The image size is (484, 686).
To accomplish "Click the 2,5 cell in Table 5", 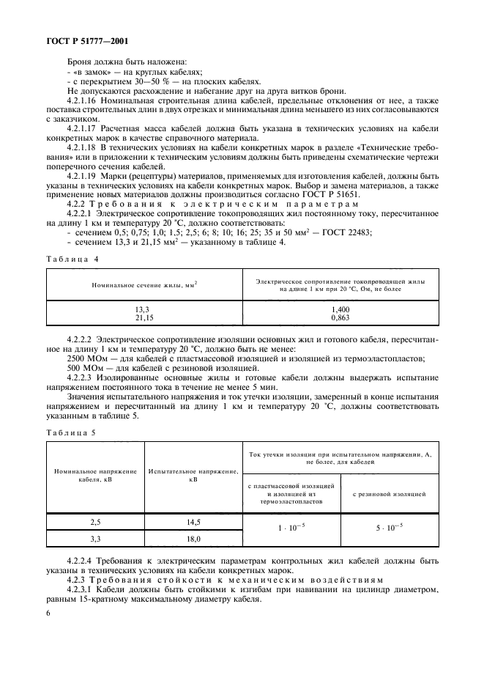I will tap(95, 522).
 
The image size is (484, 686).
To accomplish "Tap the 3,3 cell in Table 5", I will tap(95, 538).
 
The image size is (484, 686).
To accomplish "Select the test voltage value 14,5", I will tap(193, 522).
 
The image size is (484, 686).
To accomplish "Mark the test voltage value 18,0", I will tap(193, 538).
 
